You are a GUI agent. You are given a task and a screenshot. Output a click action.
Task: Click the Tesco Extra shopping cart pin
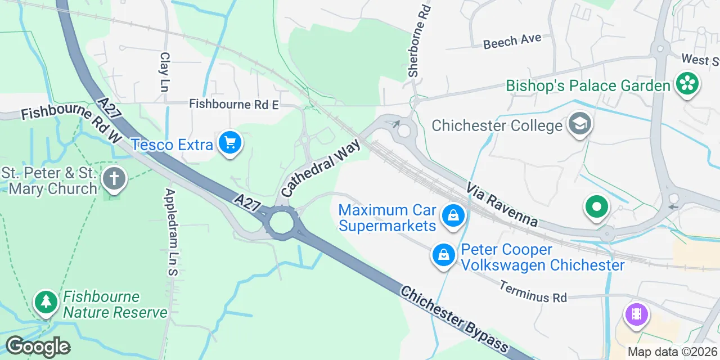(x=229, y=143)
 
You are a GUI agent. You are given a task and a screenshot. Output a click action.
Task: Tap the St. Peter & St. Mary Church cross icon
(x=114, y=179)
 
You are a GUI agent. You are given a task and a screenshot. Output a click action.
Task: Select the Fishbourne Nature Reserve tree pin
(x=46, y=302)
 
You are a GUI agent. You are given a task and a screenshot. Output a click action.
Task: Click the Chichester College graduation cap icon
(x=579, y=124)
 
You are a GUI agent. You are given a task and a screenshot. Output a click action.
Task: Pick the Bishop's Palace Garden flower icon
(x=687, y=84)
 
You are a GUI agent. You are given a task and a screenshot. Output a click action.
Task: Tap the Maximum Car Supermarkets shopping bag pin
(x=452, y=215)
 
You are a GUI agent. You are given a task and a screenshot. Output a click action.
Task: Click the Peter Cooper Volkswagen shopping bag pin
(x=444, y=255)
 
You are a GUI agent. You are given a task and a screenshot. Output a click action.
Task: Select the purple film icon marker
(x=636, y=313)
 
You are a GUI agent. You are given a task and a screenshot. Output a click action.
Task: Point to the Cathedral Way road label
(x=320, y=168)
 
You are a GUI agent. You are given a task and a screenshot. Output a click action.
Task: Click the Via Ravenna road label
(x=501, y=204)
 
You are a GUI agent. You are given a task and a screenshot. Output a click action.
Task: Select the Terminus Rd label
(x=533, y=291)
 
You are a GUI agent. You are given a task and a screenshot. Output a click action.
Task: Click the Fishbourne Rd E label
(x=234, y=104)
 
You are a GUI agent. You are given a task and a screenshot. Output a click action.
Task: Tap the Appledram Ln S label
(x=170, y=232)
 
